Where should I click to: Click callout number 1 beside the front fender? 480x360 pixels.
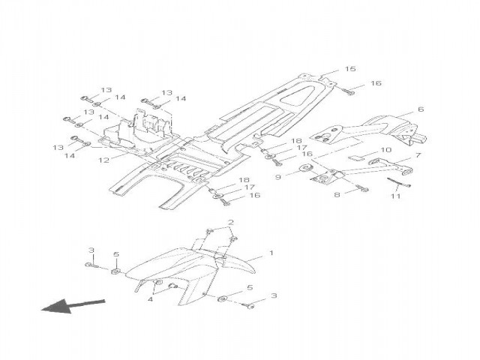[271, 254]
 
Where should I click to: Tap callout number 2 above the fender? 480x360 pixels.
[231, 222]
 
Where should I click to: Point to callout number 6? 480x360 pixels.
[420, 109]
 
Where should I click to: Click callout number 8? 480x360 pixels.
[337, 194]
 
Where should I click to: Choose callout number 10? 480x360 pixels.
[386, 150]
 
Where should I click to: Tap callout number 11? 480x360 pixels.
[395, 196]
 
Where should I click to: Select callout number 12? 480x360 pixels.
[104, 160]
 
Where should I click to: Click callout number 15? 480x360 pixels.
[349, 69]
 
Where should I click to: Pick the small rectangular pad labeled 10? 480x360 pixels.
[358, 158]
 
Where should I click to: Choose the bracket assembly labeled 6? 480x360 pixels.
[375, 127]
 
